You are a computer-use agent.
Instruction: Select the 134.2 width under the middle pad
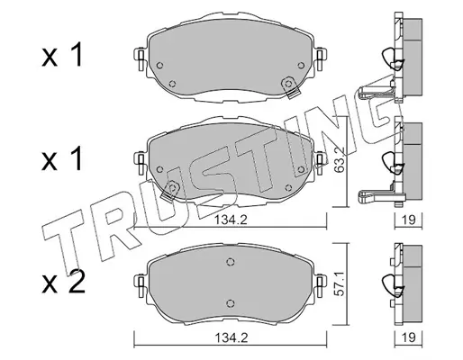[x=231, y=220]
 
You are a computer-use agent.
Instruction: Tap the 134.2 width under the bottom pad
[x=231, y=338]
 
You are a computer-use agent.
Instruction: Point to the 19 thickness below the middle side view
[x=409, y=220]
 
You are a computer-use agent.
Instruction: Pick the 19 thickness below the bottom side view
[x=409, y=337]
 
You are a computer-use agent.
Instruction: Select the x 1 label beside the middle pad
[x=62, y=158]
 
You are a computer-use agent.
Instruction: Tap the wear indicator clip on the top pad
[x=290, y=87]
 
